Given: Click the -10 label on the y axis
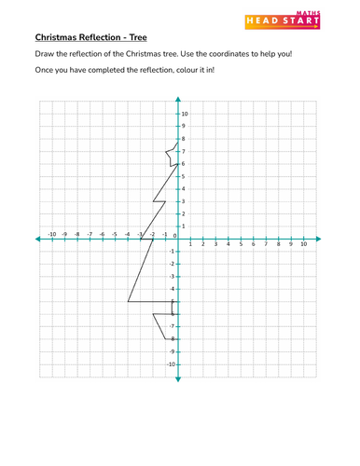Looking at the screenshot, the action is [x=171, y=364].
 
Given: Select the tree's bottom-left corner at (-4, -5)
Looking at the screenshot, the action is [x=128, y=302].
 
